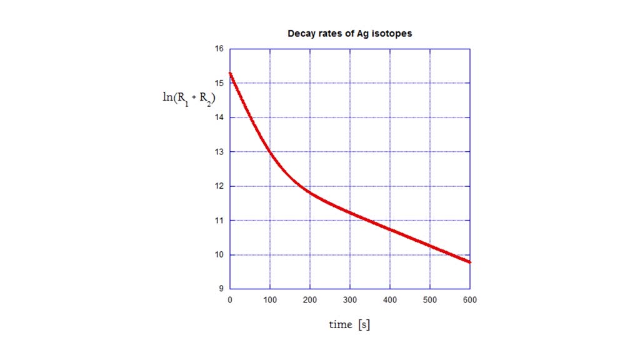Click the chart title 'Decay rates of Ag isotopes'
point(349,34)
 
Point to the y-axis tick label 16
point(220,49)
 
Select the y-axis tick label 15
point(220,83)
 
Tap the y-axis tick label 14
point(220,117)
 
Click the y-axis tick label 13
point(220,152)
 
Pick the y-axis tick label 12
point(220,186)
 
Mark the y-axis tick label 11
point(220,221)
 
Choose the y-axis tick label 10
point(220,255)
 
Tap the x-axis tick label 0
point(230,301)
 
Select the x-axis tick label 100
point(270,301)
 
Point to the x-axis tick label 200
point(310,301)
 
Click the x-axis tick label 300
point(350,301)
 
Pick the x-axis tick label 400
point(390,301)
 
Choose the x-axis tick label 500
point(430,301)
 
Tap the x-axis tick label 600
point(470,301)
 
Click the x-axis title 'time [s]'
point(349,325)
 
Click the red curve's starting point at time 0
point(231,73)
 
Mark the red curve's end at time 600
point(469,262)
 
